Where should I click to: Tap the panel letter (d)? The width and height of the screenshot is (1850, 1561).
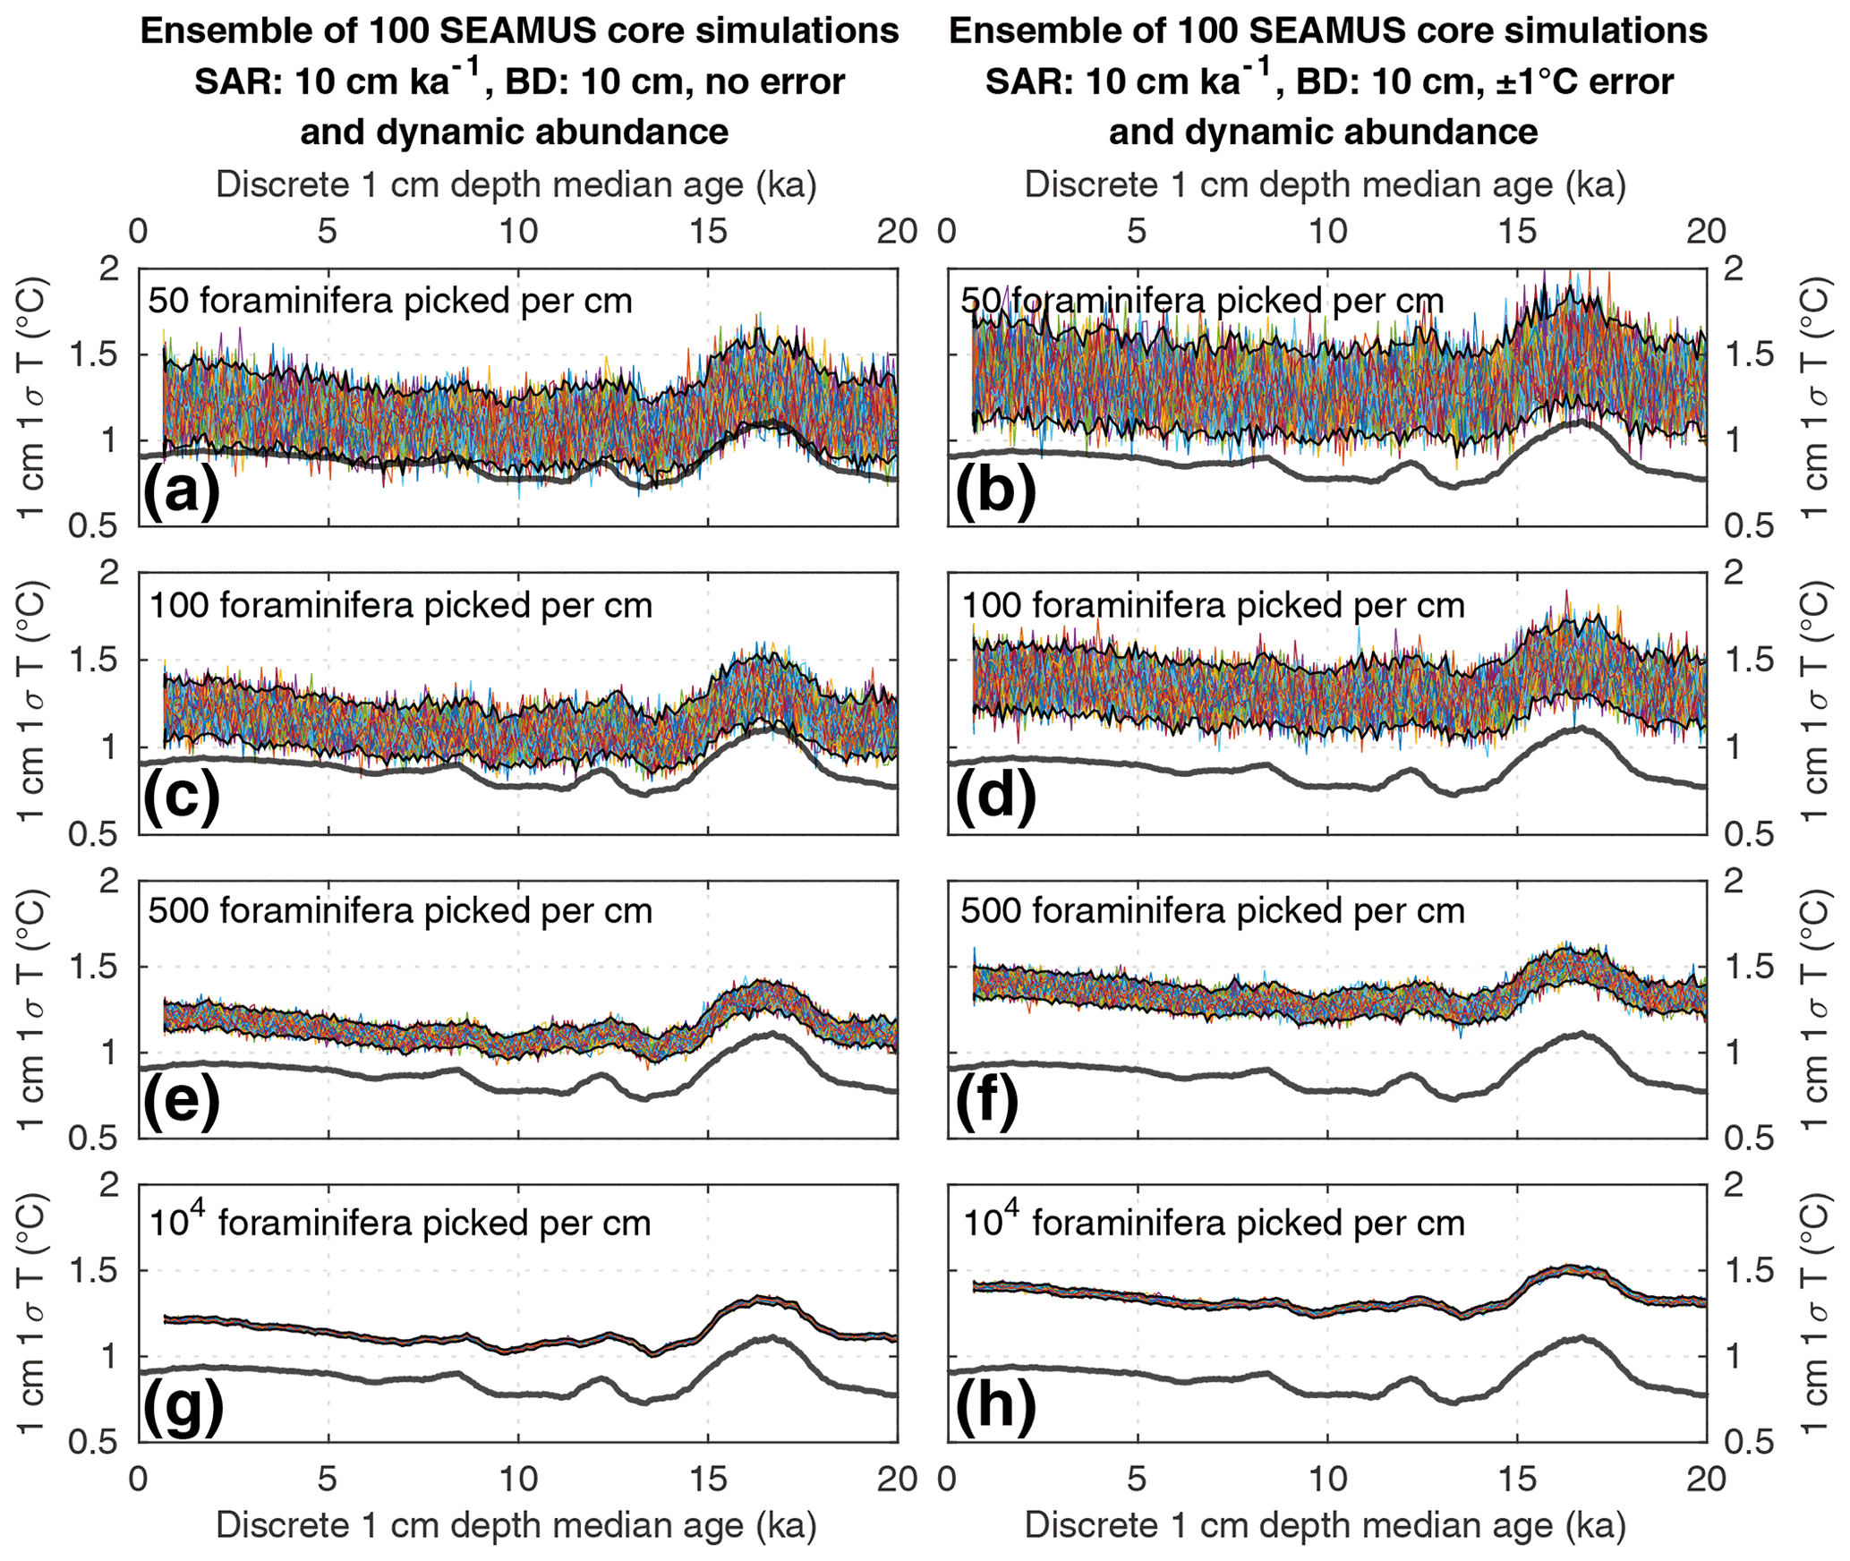pyautogui.click(x=995, y=797)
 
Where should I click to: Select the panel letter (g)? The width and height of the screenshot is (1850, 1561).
pyautogui.click(x=181, y=1405)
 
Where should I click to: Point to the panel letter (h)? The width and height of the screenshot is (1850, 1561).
pyautogui.click(x=995, y=1405)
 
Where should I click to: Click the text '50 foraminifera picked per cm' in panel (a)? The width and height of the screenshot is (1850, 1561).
pyautogui.click(x=390, y=301)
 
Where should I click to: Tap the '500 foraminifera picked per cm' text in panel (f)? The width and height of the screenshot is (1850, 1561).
pyautogui.click(x=1212, y=911)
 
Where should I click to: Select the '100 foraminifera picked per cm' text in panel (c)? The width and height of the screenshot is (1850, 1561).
pyautogui.click(x=400, y=606)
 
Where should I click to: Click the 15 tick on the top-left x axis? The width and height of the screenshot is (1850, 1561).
pyautogui.click(x=707, y=232)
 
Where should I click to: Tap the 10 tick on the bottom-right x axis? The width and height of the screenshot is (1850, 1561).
pyautogui.click(x=1327, y=1480)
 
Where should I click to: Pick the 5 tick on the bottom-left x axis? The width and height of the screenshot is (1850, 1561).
pyautogui.click(x=328, y=1480)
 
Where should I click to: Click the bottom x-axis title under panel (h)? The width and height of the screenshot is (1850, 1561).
pyautogui.click(x=1325, y=1526)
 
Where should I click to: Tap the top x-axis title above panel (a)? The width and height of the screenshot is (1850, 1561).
pyautogui.click(x=516, y=185)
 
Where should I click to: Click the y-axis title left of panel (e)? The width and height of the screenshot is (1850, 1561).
pyautogui.click(x=32, y=1009)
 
